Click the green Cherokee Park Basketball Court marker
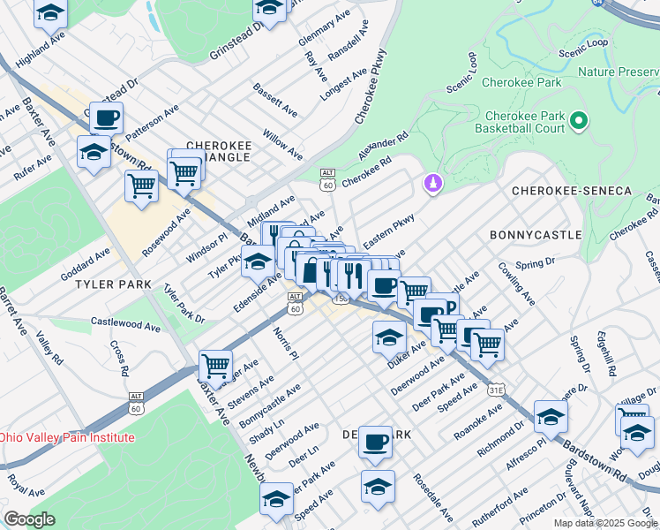(x=579, y=119)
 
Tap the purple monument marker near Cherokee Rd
(x=432, y=183)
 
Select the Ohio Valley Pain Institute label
(x=67, y=437)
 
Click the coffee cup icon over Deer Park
(x=376, y=441)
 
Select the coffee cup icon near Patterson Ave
(x=106, y=117)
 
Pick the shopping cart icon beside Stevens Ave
(x=215, y=363)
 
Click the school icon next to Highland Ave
(x=51, y=13)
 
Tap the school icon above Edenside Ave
(x=258, y=261)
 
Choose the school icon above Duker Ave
(x=389, y=337)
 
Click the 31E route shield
(x=497, y=389)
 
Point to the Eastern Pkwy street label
(x=388, y=238)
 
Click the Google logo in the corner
(x=30, y=519)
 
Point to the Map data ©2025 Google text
(x=604, y=523)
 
